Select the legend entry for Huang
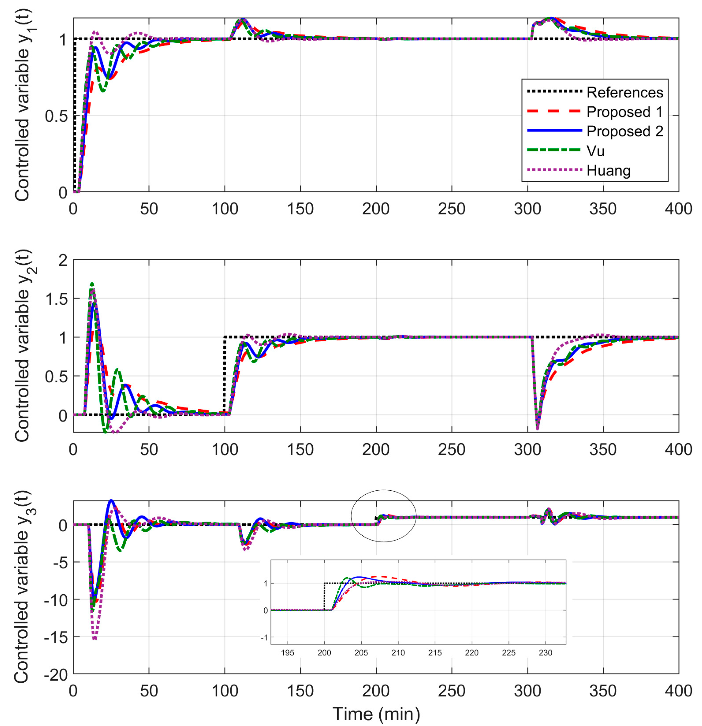[608, 171]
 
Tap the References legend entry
[625, 92]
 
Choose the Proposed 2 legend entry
[625, 132]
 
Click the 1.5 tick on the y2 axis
[56, 299]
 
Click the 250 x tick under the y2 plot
[451, 450]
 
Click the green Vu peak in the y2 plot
[92, 284]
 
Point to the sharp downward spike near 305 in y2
[537, 428]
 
